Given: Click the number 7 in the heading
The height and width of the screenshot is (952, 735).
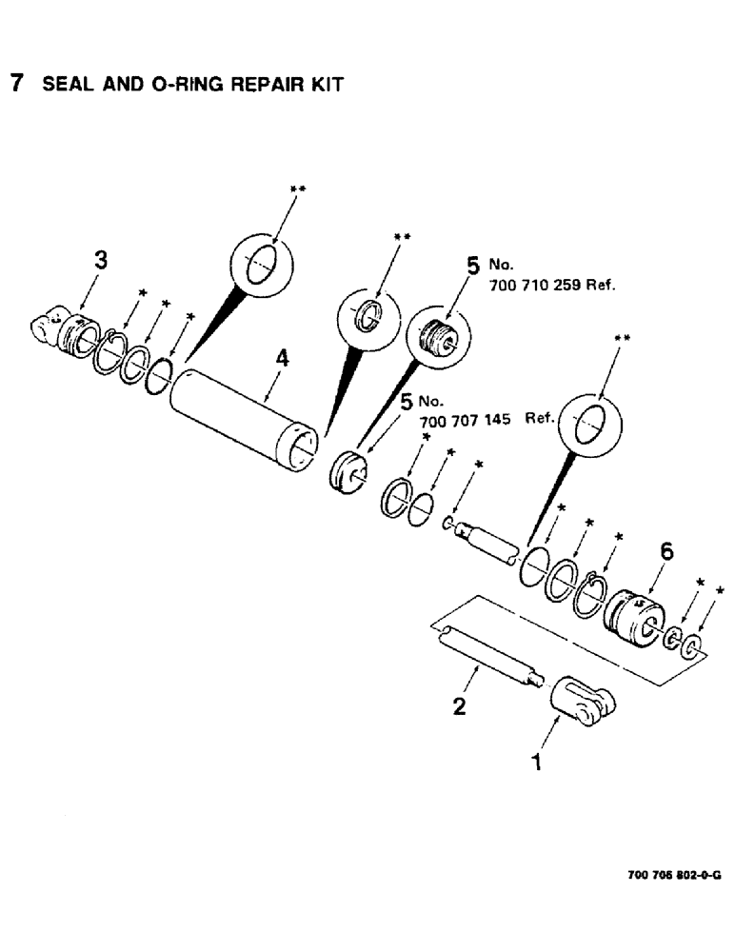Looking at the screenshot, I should (x=15, y=83).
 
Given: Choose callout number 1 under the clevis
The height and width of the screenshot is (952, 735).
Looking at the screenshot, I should (x=538, y=763).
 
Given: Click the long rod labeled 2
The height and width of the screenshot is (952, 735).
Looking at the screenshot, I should (x=489, y=656).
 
